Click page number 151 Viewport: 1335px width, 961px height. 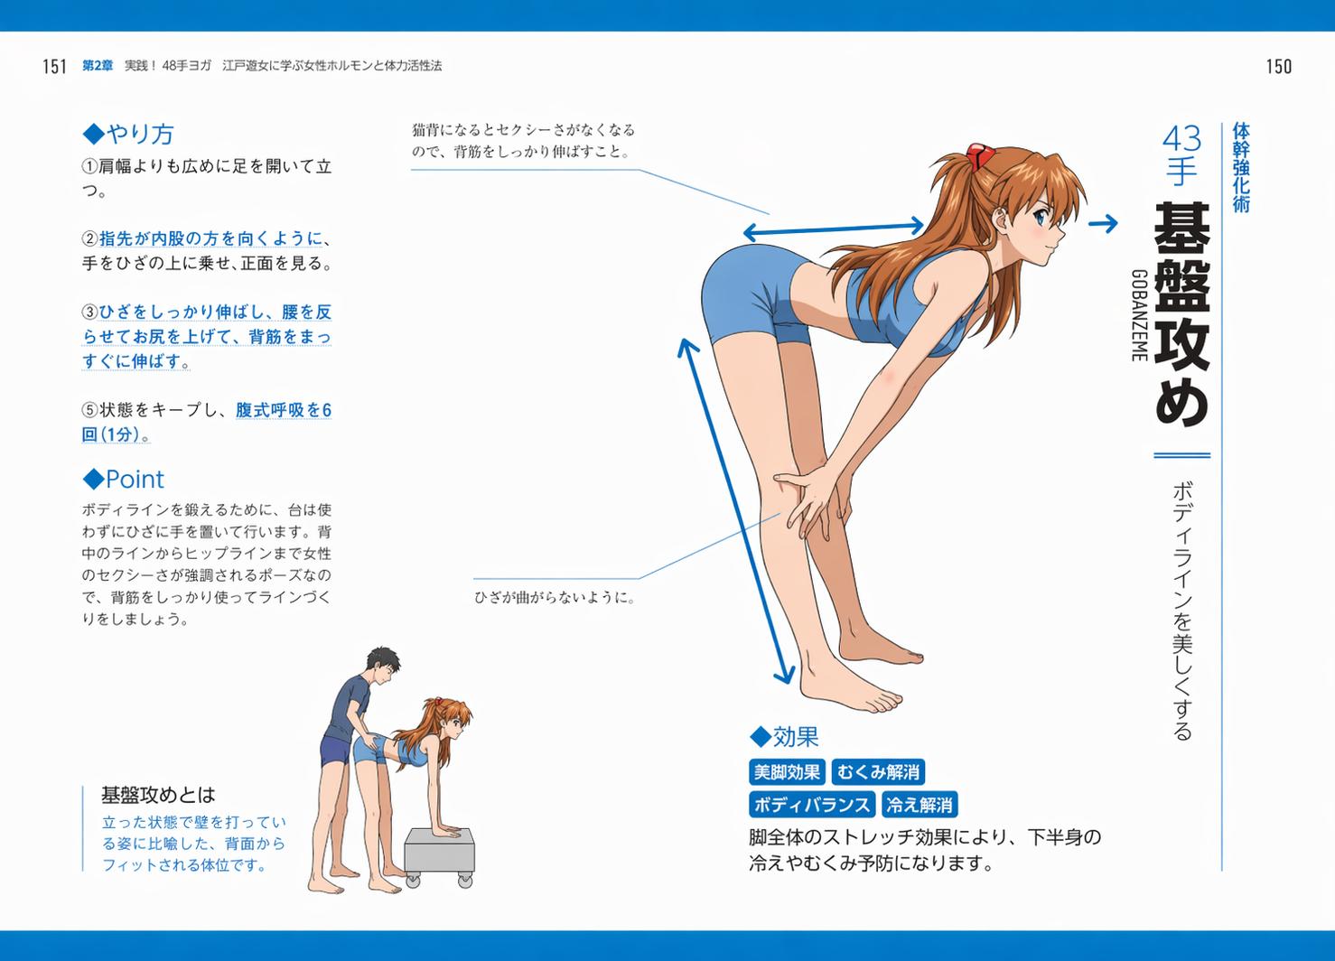click(54, 66)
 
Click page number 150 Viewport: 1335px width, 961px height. click(1279, 66)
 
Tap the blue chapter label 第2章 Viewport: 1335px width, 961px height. click(98, 66)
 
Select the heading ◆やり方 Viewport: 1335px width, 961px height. click(128, 134)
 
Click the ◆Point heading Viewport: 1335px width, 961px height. click(123, 479)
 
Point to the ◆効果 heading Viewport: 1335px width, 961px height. click(784, 737)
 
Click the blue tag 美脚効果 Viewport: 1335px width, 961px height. click(787, 772)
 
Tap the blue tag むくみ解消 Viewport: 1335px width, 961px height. click(878, 772)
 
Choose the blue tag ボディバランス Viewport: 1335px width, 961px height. click(812, 805)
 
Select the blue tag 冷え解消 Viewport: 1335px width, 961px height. click(919, 805)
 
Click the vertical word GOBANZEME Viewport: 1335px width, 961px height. click(1139, 316)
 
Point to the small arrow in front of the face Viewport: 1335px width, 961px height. click(1103, 224)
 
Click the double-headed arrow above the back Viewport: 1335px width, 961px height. click(834, 229)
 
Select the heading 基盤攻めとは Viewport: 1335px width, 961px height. click(158, 795)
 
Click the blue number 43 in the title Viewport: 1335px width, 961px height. click(1181, 139)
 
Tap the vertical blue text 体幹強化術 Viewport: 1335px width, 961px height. click(1241, 167)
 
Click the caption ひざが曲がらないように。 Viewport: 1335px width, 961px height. click(555, 598)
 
